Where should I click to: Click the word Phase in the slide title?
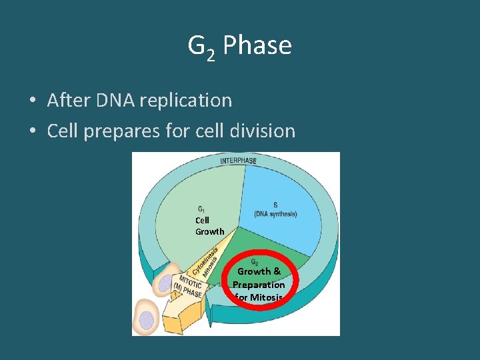tap(257, 46)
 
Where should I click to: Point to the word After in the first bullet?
tap(69, 101)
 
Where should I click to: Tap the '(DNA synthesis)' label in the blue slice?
tap(275, 214)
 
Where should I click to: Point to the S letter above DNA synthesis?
tap(275, 205)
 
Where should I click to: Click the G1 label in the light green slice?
tap(201, 209)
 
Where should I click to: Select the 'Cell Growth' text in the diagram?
tap(209, 226)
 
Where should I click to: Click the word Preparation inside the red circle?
tap(259, 285)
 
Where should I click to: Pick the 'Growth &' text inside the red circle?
tap(259, 271)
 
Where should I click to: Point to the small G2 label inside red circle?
tap(255, 262)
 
